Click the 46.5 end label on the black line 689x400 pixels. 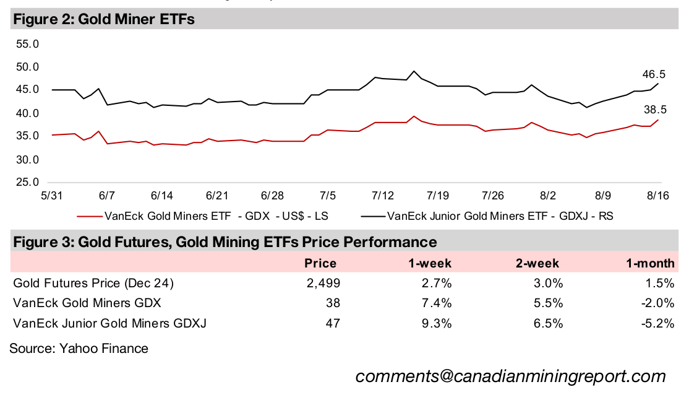[x=654, y=74]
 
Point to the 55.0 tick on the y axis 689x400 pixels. [x=27, y=45]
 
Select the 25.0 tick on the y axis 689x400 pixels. [x=27, y=183]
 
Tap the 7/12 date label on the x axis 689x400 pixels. [x=382, y=196]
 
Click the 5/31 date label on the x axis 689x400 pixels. [x=52, y=196]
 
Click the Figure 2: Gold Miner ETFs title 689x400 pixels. [x=103, y=20]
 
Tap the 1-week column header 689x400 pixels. [x=430, y=263]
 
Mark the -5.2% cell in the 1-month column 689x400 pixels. [x=657, y=323]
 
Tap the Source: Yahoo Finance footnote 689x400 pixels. [x=79, y=348]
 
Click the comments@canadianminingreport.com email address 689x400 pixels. [x=510, y=376]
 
